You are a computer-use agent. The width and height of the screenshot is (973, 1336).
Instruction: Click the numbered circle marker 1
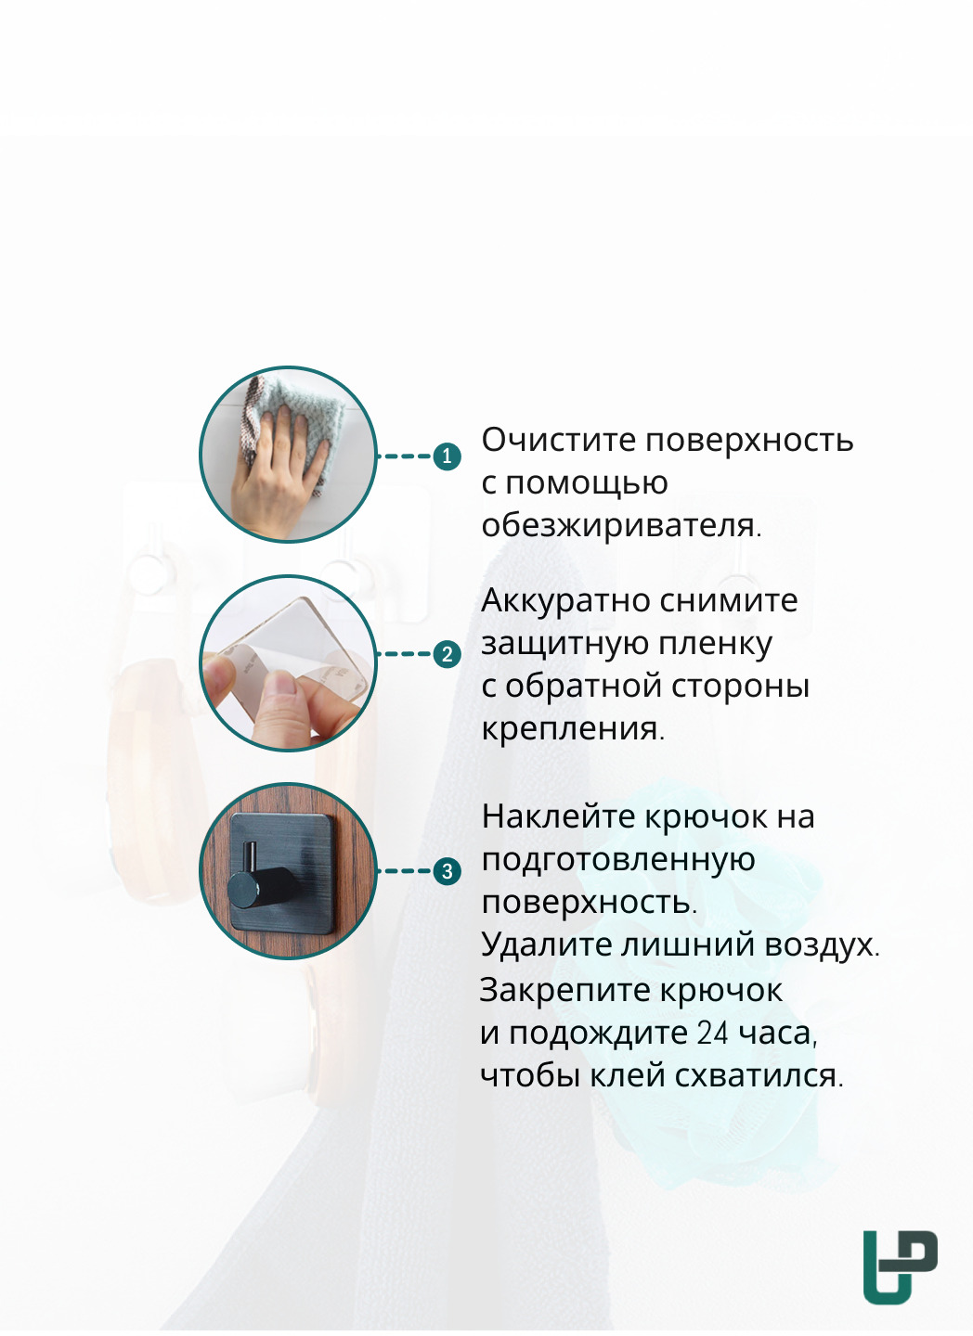[447, 456]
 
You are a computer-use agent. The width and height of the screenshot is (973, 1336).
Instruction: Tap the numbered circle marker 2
[448, 654]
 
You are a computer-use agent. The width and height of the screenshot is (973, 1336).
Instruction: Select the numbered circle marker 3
[448, 871]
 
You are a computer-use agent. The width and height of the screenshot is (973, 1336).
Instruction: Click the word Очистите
[559, 440]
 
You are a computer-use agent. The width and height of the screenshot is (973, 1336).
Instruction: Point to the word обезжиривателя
[621, 526]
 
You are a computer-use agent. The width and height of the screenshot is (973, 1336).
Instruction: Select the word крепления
[573, 729]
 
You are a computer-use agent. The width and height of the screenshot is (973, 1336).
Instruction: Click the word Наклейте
[559, 816]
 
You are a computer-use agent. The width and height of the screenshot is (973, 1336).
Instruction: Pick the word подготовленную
[618, 860]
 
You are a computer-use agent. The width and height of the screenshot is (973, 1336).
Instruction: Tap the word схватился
[759, 1076]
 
